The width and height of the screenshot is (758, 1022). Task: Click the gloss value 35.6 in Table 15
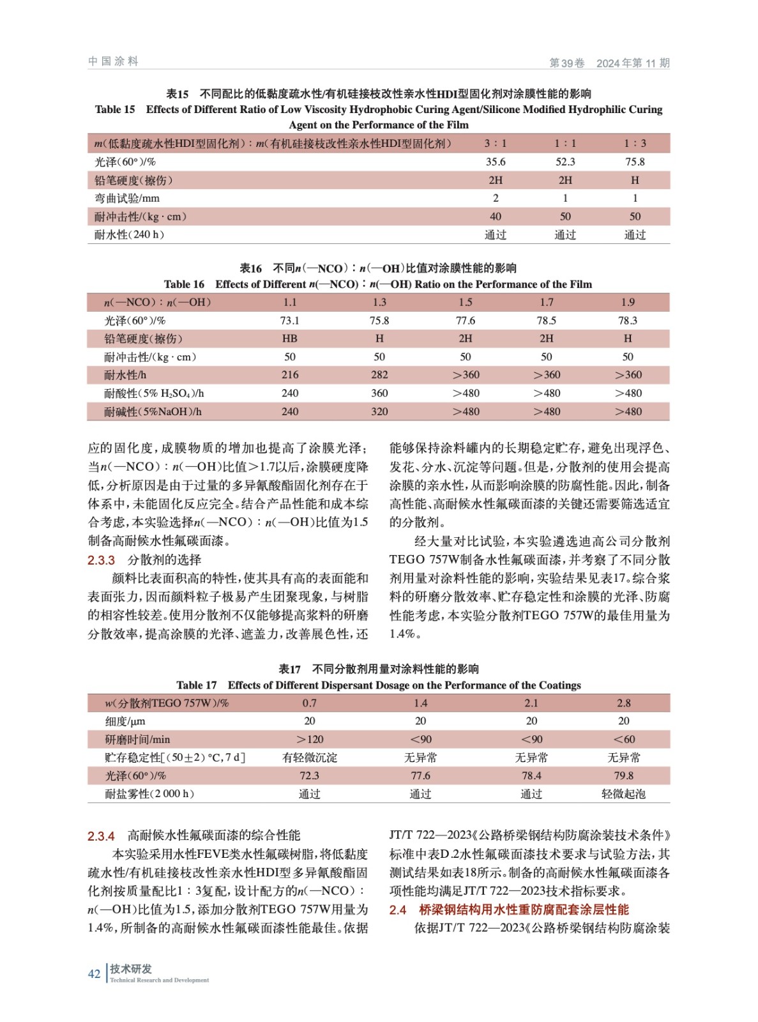(x=495, y=162)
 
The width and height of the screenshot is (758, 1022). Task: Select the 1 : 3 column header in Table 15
(x=635, y=143)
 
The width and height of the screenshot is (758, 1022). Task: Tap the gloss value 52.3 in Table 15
(x=565, y=162)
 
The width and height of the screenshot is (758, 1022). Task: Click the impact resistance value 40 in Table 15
(x=495, y=217)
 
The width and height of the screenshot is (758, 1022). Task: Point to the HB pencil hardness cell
(x=290, y=339)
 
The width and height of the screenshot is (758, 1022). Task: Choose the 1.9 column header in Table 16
(x=628, y=302)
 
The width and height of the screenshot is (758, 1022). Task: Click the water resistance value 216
(x=290, y=375)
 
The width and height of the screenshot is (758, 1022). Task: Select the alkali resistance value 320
(x=379, y=411)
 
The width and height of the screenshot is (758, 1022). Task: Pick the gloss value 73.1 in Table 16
(x=290, y=321)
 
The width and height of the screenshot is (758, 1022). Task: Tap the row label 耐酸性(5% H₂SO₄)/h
(x=154, y=393)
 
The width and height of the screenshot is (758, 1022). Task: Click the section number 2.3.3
(x=101, y=560)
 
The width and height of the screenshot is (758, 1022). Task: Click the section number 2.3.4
(x=101, y=836)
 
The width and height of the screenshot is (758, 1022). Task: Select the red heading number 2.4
(x=397, y=910)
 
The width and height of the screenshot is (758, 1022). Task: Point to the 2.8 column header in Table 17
(x=624, y=703)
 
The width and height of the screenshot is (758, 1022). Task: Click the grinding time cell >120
(x=310, y=740)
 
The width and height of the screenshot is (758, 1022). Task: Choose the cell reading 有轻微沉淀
(x=310, y=758)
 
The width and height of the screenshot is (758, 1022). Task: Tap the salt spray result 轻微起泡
(x=624, y=794)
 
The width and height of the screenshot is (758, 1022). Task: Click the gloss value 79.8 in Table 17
(x=624, y=775)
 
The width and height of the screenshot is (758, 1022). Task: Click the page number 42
(x=94, y=974)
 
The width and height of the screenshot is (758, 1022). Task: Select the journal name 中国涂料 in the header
(x=113, y=61)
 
